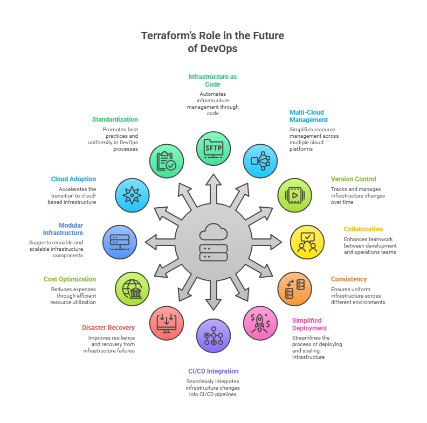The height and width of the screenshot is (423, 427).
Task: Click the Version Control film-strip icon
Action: (x=294, y=195)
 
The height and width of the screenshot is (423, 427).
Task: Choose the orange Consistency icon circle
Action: (x=294, y=289)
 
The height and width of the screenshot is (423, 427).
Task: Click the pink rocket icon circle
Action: (x=261, y=323)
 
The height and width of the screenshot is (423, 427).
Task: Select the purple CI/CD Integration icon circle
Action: (x=213, y=336)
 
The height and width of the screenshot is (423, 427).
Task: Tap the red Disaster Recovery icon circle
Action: (x=166, y=323)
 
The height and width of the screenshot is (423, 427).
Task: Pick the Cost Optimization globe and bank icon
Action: (x=133, y=289)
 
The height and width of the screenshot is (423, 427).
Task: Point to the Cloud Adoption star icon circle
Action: (x=133, y=195)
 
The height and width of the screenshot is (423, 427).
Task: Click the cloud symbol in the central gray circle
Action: (x=213, y=232)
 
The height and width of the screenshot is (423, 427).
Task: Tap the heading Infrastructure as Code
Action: (x=212, y=81)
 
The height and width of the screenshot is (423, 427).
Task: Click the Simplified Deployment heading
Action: (x=309, y=324)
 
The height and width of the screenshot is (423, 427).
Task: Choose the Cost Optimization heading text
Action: (x=70, y=279)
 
